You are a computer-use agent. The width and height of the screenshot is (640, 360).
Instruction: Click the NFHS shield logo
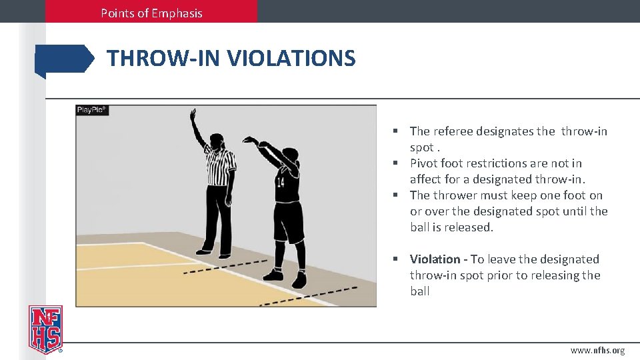(x=45, y=329)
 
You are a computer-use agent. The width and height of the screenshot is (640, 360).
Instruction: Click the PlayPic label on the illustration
(x=92, y=110)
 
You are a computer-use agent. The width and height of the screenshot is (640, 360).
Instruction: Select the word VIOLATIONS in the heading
(x=291, y=59)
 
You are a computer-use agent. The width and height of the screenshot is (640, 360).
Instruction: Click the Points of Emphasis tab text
(x=151, y=13)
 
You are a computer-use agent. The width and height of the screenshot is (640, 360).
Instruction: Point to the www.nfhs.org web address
(x=597, y=350)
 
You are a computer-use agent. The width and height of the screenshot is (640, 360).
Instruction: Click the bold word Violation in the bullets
(x=435, y=259)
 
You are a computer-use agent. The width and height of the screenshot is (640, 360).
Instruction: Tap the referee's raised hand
(x=193, y=114)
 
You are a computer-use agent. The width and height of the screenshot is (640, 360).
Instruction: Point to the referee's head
(x=217, y=141)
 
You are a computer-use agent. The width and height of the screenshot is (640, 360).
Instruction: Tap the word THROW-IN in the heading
(x=164, y=59)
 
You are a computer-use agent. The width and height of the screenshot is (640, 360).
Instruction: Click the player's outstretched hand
(x=249, y=140)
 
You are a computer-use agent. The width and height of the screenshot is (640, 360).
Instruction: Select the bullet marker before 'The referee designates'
(x=395, y=131)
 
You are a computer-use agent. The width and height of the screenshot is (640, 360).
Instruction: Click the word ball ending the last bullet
(x=420, y=291)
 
